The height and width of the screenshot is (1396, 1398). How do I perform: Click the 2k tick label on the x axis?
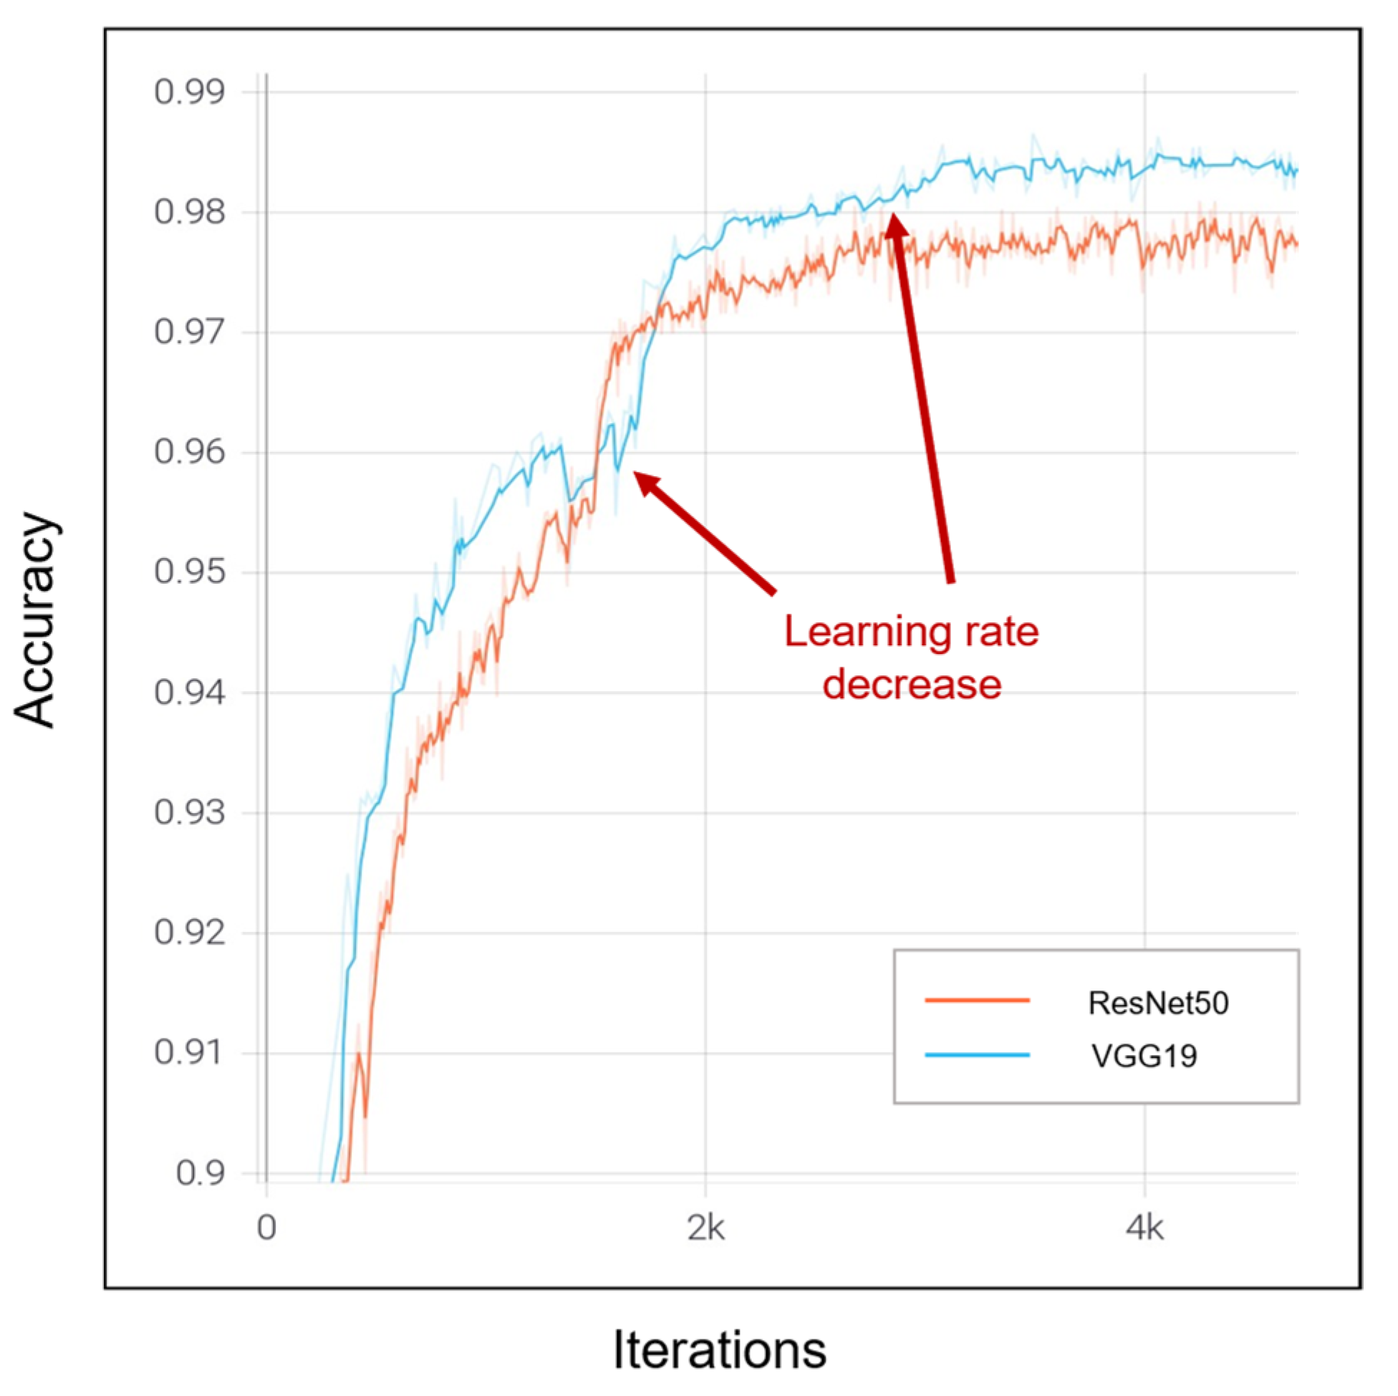705,1229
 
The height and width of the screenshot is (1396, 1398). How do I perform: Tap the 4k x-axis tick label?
1144,1229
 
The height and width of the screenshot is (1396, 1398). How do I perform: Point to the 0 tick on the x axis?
266,1229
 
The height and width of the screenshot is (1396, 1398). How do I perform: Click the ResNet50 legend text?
1158,1003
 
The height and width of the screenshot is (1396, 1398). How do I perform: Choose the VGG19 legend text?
1144,1056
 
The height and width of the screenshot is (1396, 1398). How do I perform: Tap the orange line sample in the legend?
977,1001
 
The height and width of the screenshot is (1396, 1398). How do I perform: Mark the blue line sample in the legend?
977,1055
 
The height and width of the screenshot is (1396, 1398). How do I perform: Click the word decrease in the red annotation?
912,684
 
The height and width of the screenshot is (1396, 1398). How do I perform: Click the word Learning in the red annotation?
845,632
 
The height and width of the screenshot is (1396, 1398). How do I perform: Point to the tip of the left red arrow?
635,473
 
